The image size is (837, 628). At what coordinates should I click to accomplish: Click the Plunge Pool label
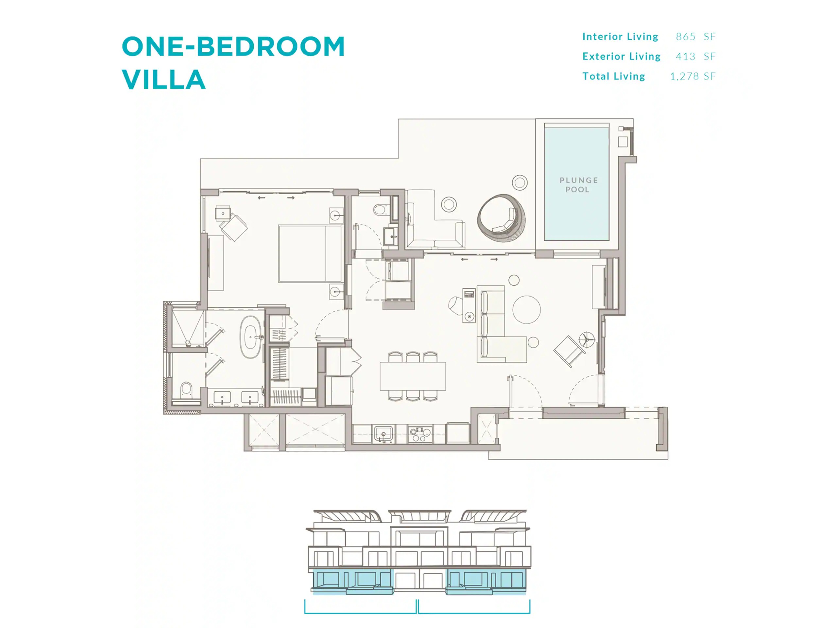(579, 185)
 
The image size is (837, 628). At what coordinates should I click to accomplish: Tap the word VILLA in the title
(163, 79)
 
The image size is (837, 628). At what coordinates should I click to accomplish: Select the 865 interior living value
(686, 37)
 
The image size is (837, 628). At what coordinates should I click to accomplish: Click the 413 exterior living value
(686, 56)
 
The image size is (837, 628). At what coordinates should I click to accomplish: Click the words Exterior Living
(621, 56)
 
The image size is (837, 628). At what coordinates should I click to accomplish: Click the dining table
(413, 376)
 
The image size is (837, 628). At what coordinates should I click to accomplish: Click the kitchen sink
(383, 434)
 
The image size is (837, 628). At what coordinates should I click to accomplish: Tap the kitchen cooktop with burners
(420, 434)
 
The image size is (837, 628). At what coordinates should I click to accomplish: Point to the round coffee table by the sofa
(526, 309)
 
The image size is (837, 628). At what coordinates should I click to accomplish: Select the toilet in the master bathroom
(186, 390)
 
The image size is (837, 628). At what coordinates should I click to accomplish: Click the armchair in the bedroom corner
(233, 226)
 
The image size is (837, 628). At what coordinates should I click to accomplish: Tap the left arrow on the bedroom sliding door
(262, 198)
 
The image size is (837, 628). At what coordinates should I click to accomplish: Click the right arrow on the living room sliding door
(494, 259)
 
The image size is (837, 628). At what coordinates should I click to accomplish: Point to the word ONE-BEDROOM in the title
(233, 46)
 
